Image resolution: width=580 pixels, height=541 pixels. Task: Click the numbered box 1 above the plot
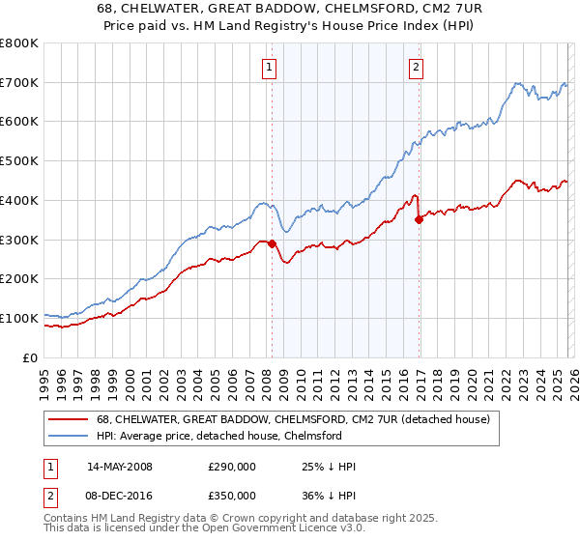(268, 67)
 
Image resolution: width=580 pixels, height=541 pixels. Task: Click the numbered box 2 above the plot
(416, 67)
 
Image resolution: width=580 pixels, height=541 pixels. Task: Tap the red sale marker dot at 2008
(272, 243)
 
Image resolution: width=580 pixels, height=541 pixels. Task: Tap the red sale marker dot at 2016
(419, 219)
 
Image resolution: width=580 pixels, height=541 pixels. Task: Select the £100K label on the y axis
(20, 318)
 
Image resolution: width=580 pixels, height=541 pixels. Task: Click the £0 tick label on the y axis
(29, 357)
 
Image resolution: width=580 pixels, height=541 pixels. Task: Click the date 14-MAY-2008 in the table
(120, 467)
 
